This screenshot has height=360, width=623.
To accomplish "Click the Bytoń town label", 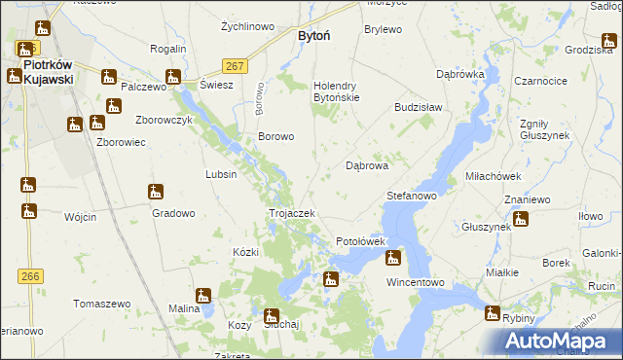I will click(x=312, y=35).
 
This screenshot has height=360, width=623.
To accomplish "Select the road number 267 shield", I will click(x=233, y=65).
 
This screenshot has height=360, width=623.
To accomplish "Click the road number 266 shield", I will click(x=30, y=276).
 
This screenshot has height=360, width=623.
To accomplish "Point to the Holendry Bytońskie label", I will click(x=336, y=91).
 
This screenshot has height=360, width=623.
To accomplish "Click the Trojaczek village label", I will click(x=290, y=213).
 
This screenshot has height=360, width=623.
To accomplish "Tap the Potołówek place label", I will click(x=361, y=240).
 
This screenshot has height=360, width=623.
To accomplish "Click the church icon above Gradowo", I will click(x=155, y=192).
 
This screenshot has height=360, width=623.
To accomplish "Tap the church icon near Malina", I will click(x=203, y=295).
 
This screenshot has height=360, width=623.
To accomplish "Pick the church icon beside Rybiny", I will click(x=493, y=313).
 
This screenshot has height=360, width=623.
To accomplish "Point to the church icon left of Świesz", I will click(x=173, y=77).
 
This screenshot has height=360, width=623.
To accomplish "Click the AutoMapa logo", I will click(x=563, y=341).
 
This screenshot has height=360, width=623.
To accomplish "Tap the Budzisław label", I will click(x=419, y=108).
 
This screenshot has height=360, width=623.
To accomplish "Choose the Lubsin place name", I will click(x=221, y=174).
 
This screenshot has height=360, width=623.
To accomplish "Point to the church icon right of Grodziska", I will click(x=609, y=40).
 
